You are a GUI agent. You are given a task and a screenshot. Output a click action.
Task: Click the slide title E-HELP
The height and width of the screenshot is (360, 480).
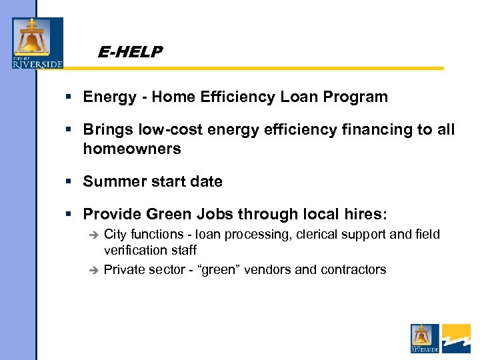click(x=129, y=51)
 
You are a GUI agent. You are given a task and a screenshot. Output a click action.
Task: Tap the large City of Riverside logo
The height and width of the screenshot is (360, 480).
click(x=37, y=43)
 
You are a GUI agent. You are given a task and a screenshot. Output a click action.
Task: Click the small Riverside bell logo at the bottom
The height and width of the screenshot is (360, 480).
click(x=425, y=338)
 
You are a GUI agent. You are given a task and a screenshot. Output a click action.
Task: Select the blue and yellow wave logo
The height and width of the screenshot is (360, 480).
click(x=456, y=338)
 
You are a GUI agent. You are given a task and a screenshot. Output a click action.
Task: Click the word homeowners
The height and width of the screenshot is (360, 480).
click(x=132, y=149)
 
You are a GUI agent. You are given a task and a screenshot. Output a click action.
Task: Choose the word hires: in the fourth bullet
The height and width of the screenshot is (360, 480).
click(x=364, y=214)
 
